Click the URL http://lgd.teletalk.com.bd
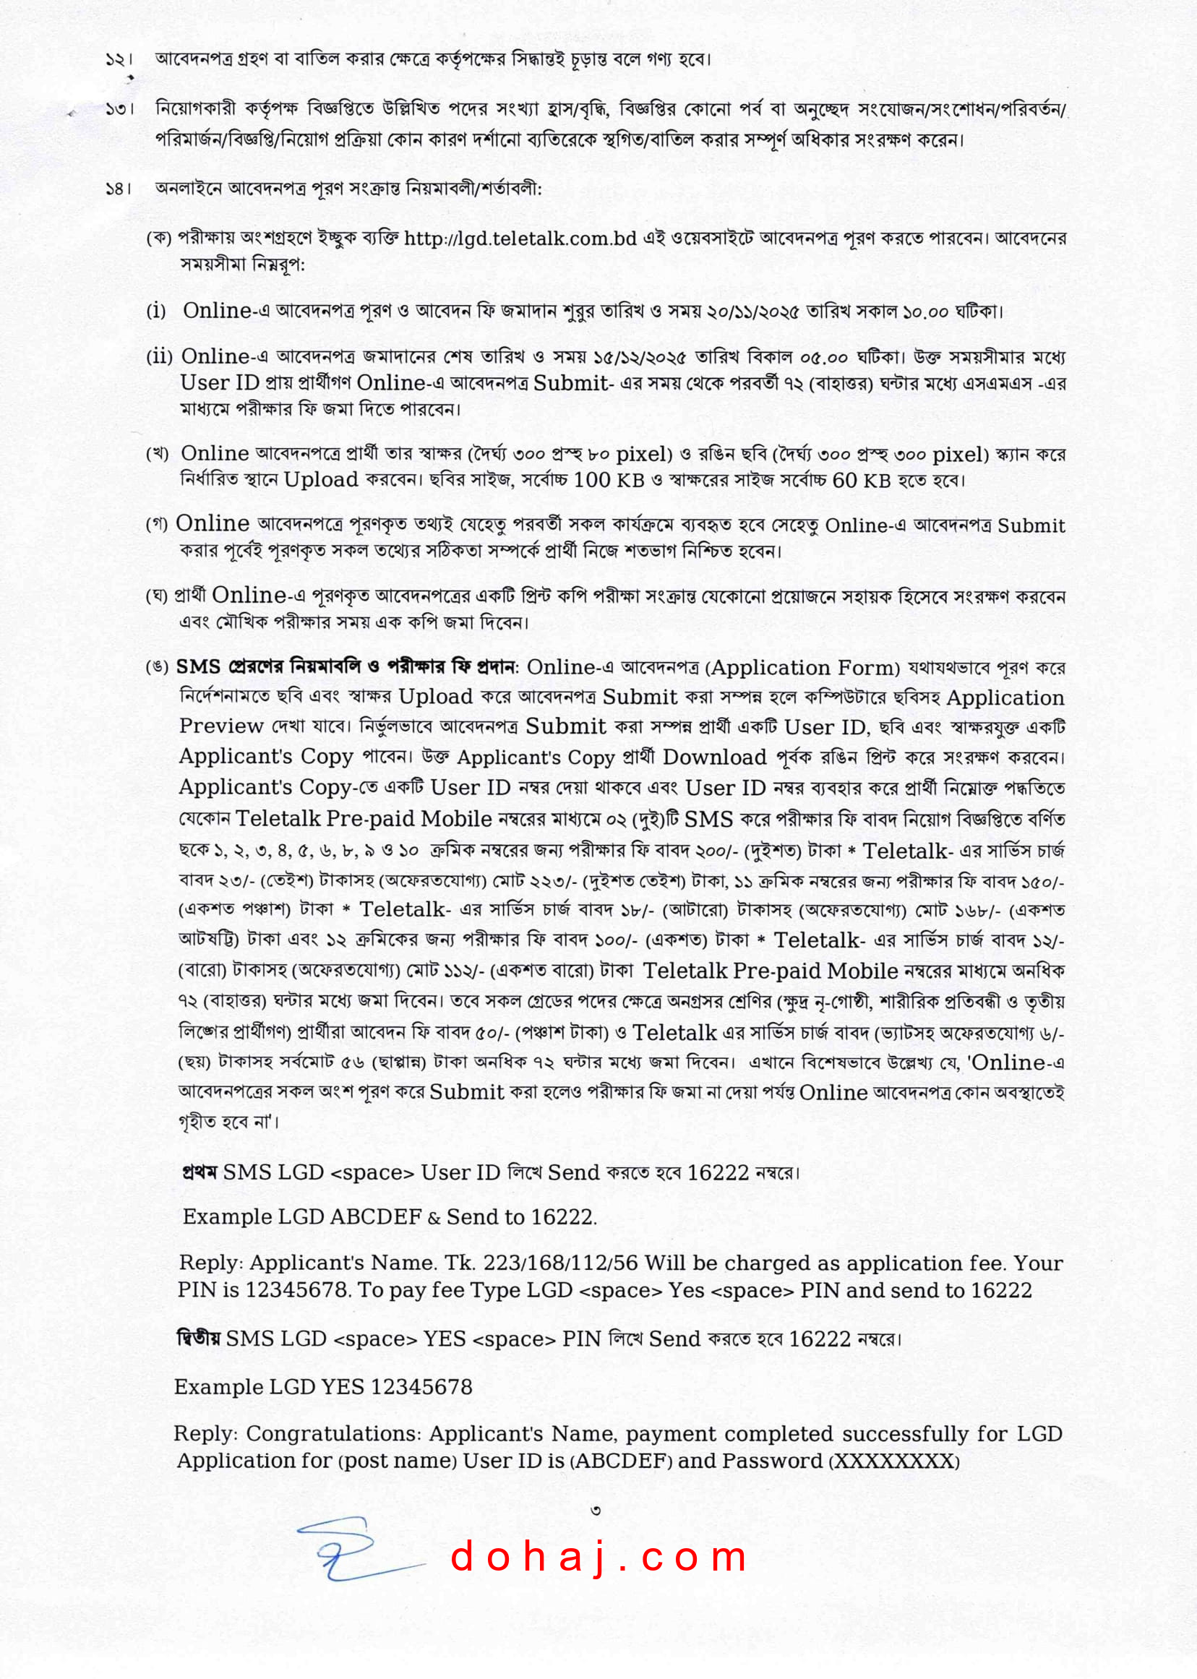(x=520, y=239)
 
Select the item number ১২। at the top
(x=119, y=60)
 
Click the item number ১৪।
(x=119, y=189)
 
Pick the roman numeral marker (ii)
(x=159, y=358)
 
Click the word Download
(x=714, y=757)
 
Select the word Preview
(x=221, y=726)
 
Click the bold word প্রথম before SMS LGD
(x=199, y=1172)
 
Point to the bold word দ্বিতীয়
(x=198, y=1338)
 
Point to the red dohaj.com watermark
(x=598, y=1558)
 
